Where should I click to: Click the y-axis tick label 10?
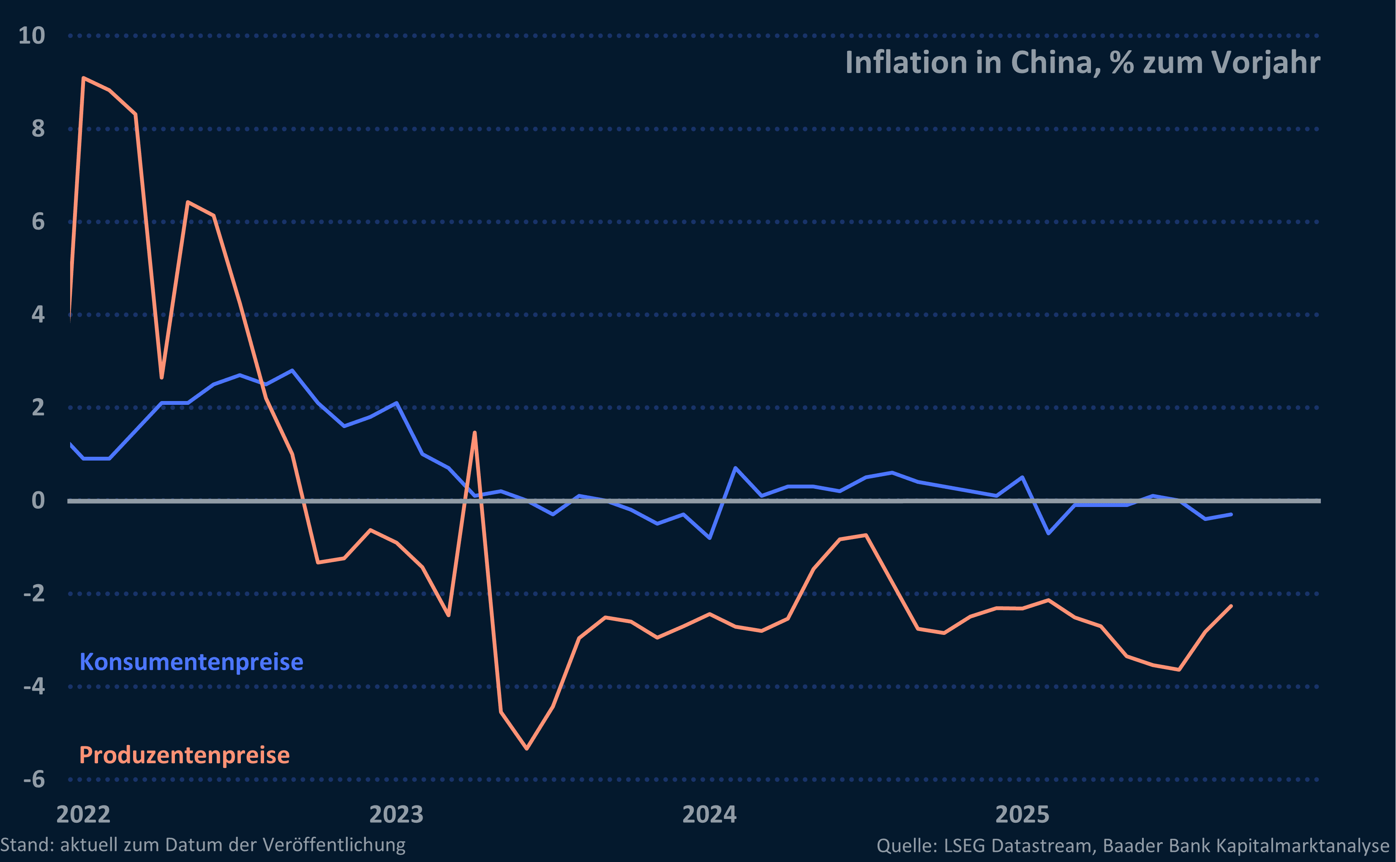[x=31, y=36]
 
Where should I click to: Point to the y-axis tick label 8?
[x=38, y=129]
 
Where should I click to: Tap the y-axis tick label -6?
[x=34, y=779]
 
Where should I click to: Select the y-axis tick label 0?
[x=38, y=501]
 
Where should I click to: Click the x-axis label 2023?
[x=396, y=814]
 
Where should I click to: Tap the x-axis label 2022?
[x=83, y=814]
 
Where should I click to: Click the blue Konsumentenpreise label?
[x=191, y=662]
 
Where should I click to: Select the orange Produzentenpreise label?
[x=184, y=755]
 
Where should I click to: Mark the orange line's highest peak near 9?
[x=84, y=78]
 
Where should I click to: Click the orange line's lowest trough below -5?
[x=526, y=748]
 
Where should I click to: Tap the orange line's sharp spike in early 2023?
[x=474, y=433]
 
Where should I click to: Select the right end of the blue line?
[x=1230, y=514]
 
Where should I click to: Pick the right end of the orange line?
[x=1230, y=607]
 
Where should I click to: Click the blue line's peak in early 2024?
[x=735, y=468]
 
